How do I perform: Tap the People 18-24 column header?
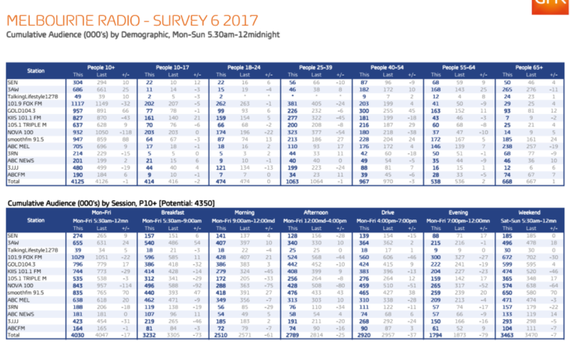coord(246,67)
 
